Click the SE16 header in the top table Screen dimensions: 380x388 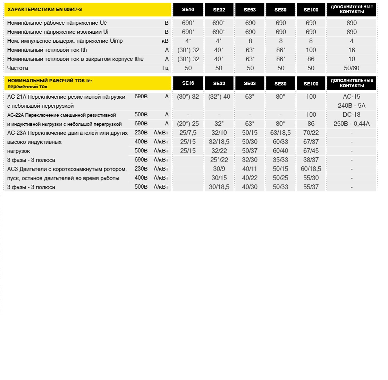coord(188,10)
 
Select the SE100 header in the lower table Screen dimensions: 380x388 coord(311,83)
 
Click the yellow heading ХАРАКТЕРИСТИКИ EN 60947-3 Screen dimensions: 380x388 coord(45,9)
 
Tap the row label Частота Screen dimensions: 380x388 coord(18,68)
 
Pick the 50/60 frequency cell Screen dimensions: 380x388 coord(352,68)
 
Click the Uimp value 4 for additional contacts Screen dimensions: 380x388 coord(352,41)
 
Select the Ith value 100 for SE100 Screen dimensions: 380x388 coord(311,50)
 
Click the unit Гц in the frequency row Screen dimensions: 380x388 coord(165,68)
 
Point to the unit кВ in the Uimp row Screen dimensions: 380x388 coord(165,41)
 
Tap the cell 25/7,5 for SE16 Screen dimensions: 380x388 coord(188,133)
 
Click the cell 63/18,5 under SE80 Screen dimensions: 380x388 coord(280,133)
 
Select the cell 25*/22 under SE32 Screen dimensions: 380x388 coord(219,160)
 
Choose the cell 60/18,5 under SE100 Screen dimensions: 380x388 coord(311,169)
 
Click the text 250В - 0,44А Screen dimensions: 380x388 coord(352,124)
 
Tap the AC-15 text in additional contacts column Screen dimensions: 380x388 coord(352,97)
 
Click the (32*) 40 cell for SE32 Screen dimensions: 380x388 coord(219,97)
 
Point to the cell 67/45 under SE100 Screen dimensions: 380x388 coord(311,151)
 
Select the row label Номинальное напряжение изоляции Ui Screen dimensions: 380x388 coord(58,32)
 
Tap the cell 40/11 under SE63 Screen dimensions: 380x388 coord(250,169)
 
